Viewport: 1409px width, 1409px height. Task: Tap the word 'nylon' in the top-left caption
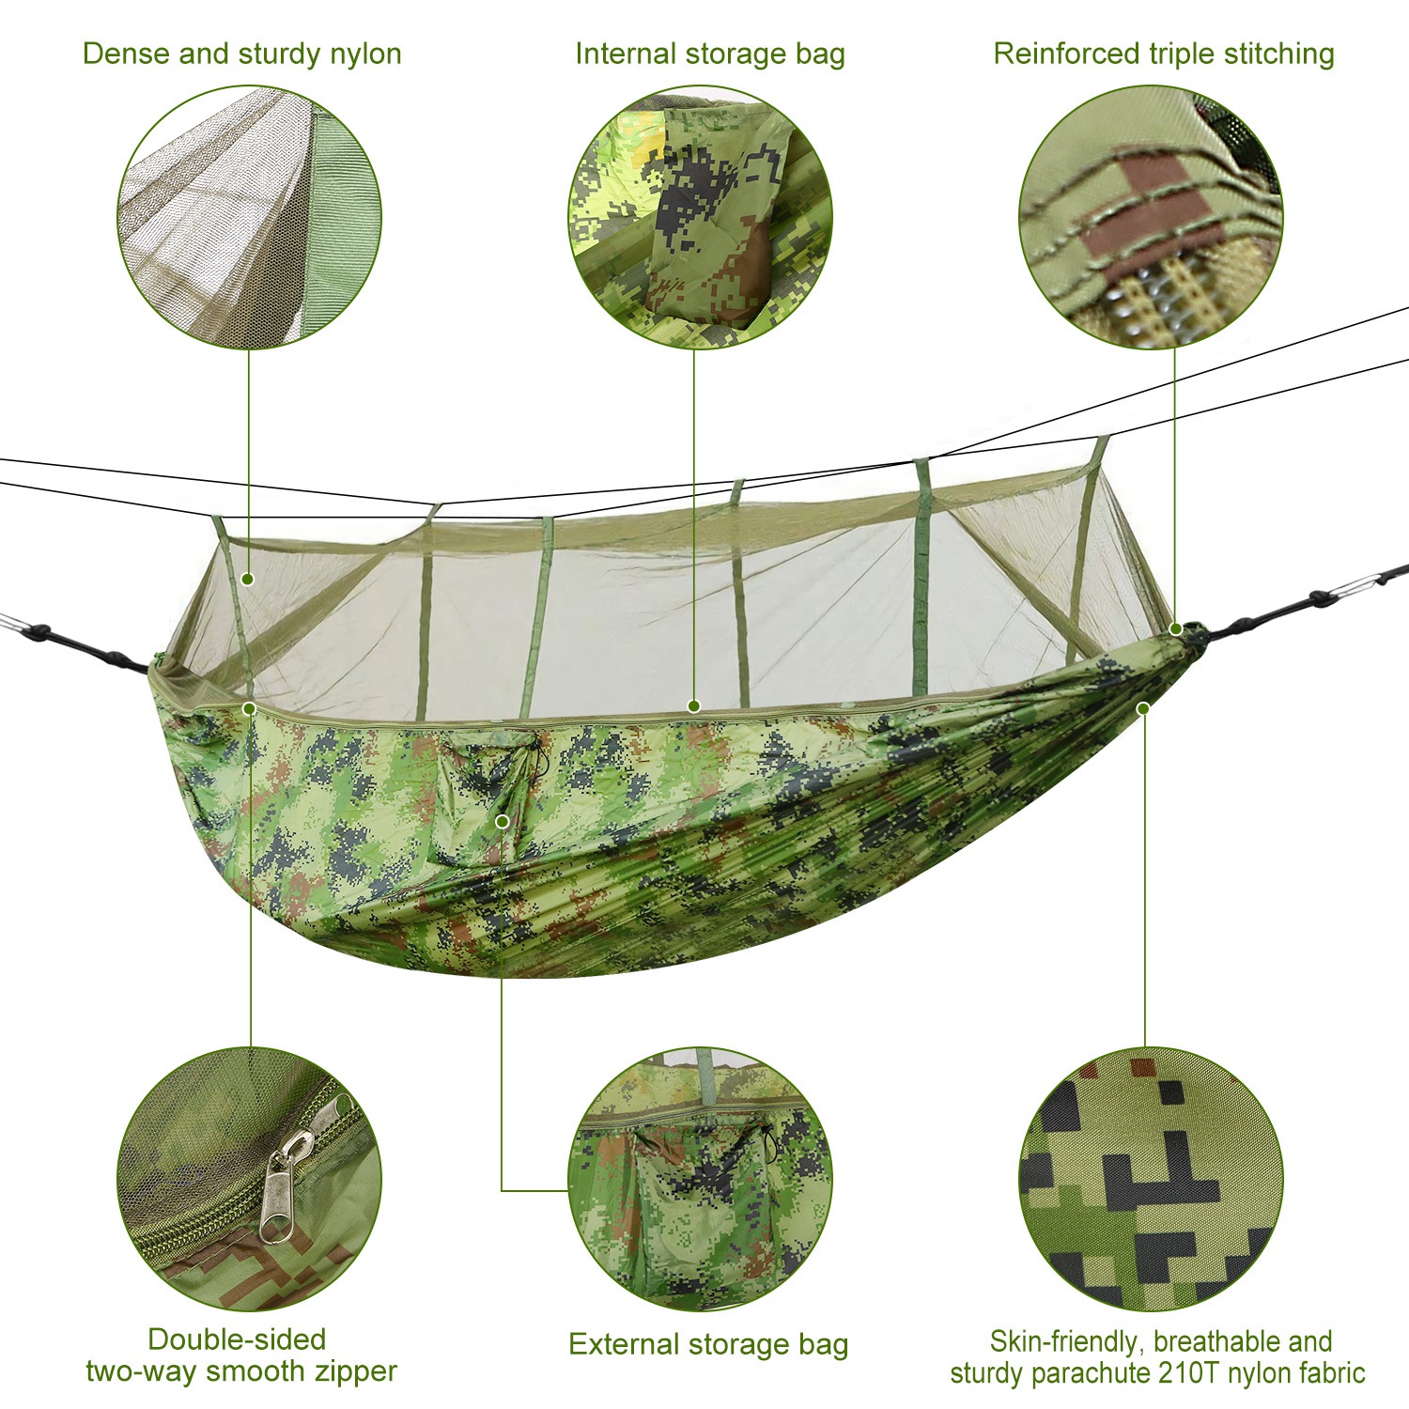[365, 54]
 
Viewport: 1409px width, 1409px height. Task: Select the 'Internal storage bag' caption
[709, 54]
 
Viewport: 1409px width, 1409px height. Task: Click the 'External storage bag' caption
[708, 1344]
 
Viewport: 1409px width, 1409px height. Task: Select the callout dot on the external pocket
[503, 822]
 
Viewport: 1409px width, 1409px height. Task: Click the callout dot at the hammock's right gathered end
[1175, 628]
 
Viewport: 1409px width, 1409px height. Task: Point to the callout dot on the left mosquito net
[248, 580]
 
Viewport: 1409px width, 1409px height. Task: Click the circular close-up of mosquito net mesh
[249, 217]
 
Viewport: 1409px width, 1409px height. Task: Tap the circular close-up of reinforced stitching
[1150, 217]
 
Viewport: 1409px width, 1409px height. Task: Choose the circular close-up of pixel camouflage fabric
[1150, 1179]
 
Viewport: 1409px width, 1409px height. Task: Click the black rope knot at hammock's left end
[39, 632]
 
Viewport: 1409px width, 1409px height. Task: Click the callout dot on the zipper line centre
[694, 706]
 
